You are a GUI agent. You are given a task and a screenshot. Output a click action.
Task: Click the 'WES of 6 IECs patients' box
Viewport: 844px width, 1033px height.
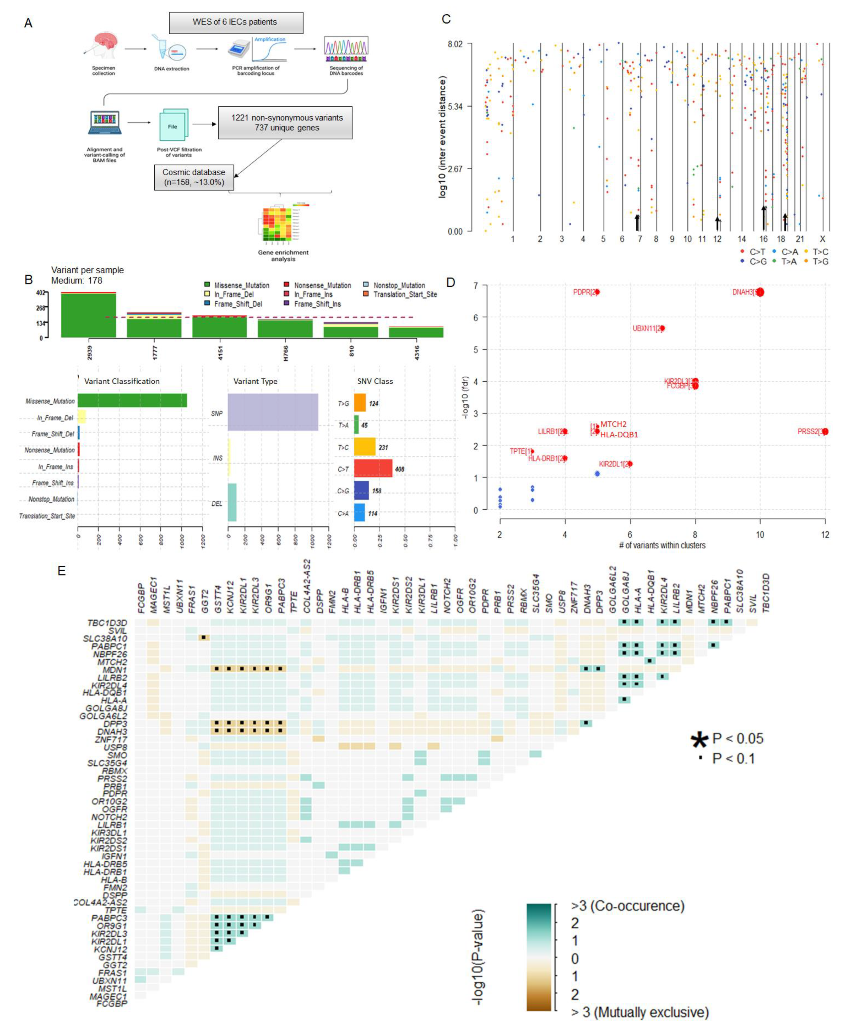click(x=236, y=22)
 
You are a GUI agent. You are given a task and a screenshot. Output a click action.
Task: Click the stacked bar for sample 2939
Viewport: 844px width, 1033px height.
click(x=88, y=315)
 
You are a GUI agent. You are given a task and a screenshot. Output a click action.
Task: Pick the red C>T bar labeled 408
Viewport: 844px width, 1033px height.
click(x=373, y=468)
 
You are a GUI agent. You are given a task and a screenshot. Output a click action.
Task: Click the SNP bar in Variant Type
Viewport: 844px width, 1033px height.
click(x=273, y=412)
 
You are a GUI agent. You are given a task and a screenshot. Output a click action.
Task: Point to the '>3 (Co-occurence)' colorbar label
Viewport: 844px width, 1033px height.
click(x=627, y=905)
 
